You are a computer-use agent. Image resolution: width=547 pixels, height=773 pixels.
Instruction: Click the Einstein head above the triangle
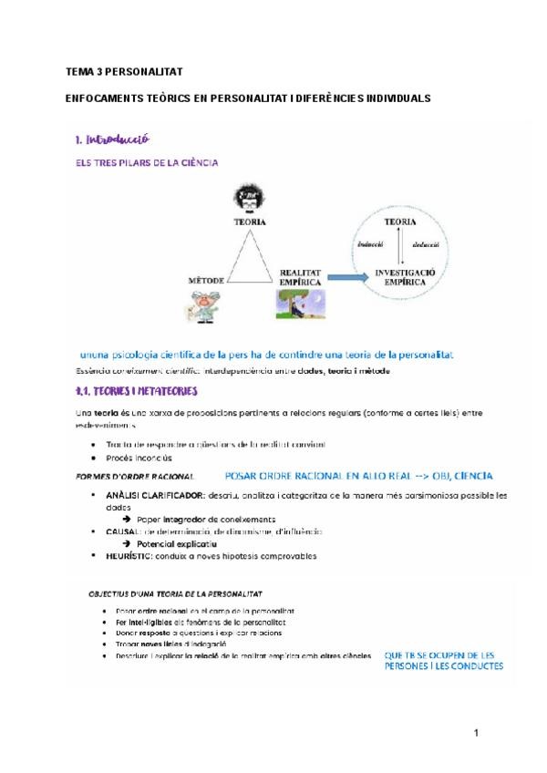(244, 197)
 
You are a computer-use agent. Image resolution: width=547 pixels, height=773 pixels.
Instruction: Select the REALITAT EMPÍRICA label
(300, 277)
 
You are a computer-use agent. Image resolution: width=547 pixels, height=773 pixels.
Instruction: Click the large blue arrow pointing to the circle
(347, 275)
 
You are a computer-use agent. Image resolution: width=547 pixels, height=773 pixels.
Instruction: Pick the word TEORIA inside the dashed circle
(401, 222)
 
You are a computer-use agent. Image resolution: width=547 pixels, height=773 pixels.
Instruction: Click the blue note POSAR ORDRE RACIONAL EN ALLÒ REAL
(357, 475)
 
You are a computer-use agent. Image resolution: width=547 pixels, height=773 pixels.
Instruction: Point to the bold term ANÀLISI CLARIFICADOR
(150, 495)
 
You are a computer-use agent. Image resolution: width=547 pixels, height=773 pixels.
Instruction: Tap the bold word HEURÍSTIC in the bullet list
(133, 556)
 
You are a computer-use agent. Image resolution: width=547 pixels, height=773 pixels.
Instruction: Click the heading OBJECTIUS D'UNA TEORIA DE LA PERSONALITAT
(176, 593)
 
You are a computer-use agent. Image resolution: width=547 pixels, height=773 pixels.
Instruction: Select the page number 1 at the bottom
(476, 732)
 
